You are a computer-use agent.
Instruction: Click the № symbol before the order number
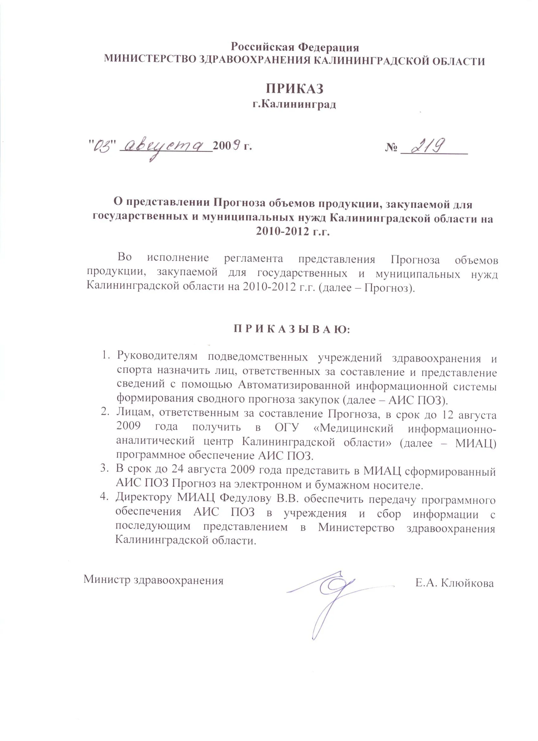coord(391,148)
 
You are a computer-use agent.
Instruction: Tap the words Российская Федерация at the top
coord(295,47)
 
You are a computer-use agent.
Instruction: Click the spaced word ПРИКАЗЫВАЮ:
coord(291,329)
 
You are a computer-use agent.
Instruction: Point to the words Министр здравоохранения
coord(153,580)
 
